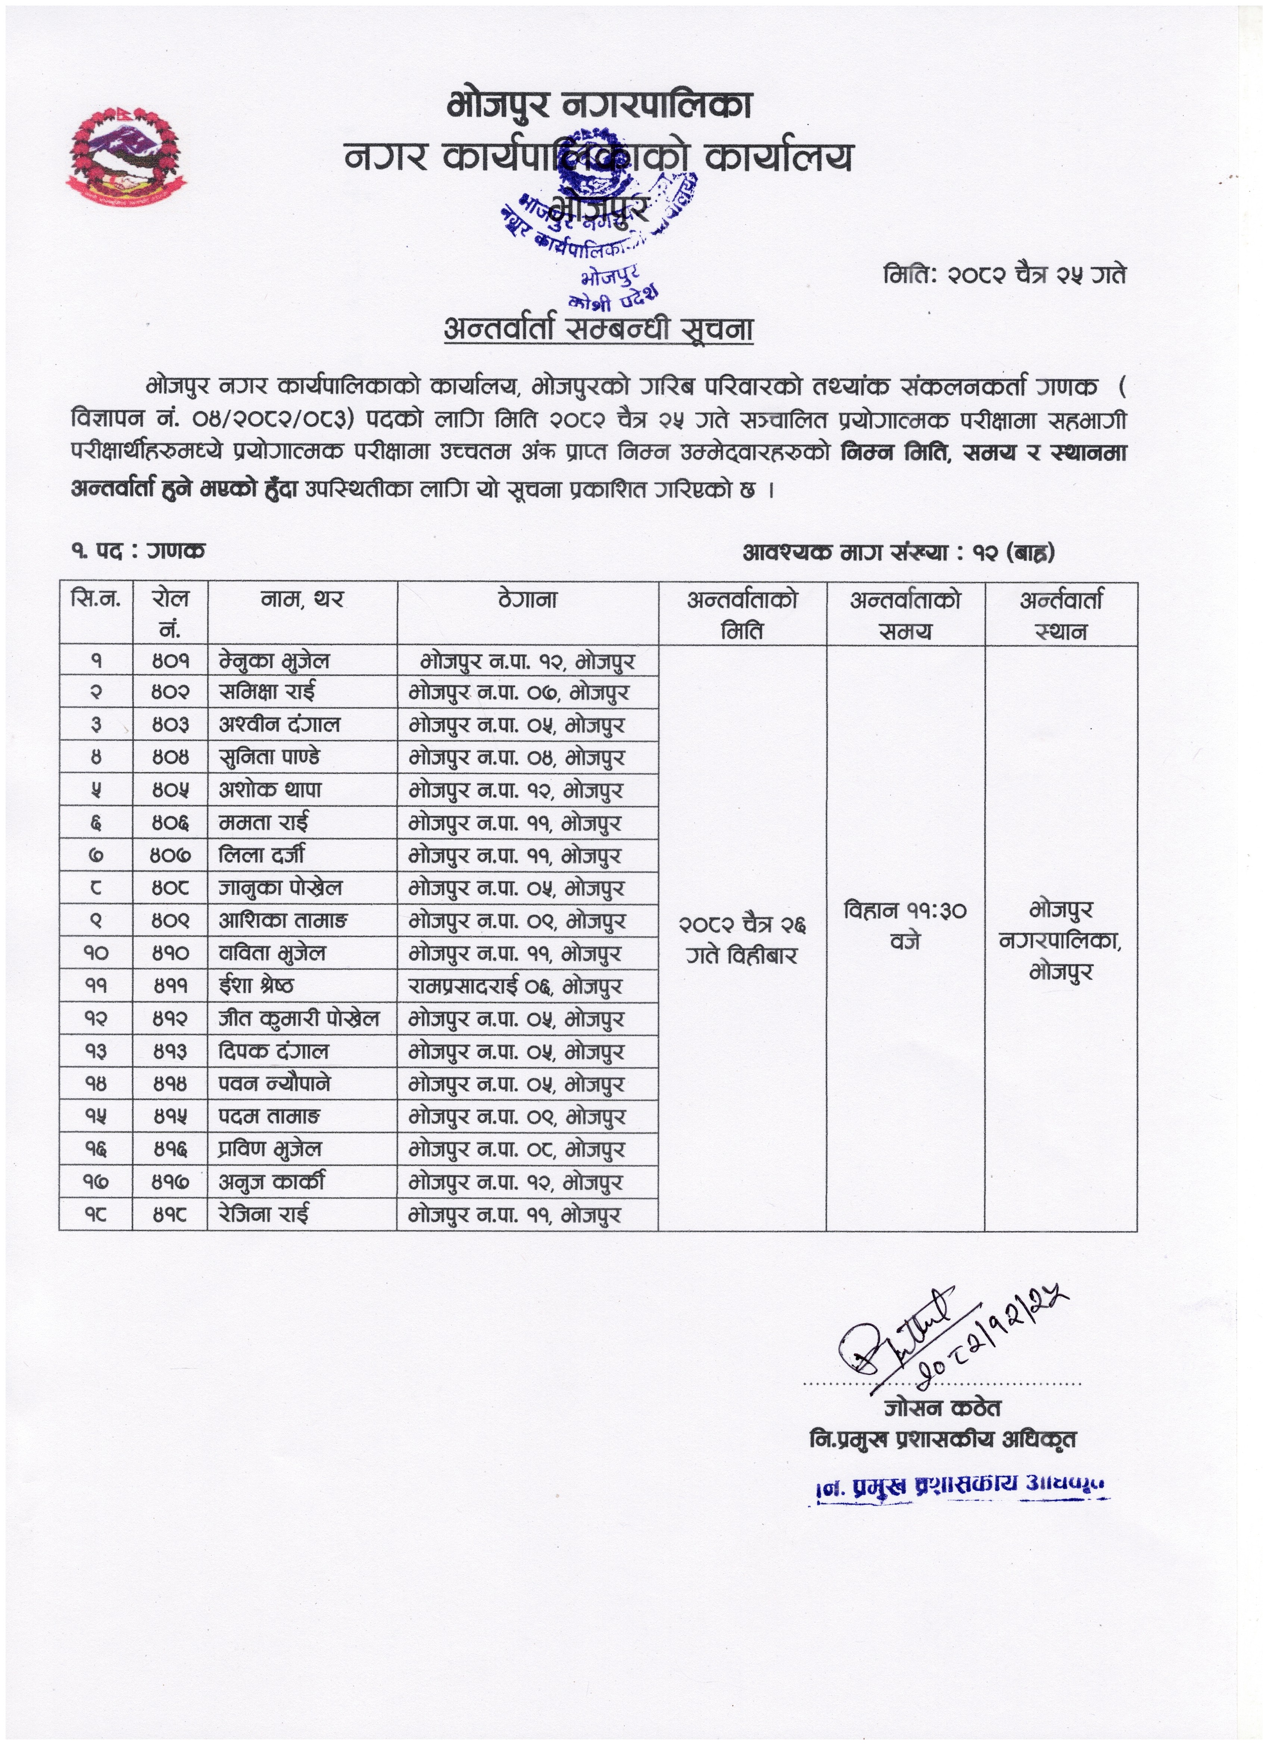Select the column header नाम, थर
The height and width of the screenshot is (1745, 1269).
tap(302, 599)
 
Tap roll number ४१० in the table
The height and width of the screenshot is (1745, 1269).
tap(170, 953)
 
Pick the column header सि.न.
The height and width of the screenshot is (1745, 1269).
tap(96, 599)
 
